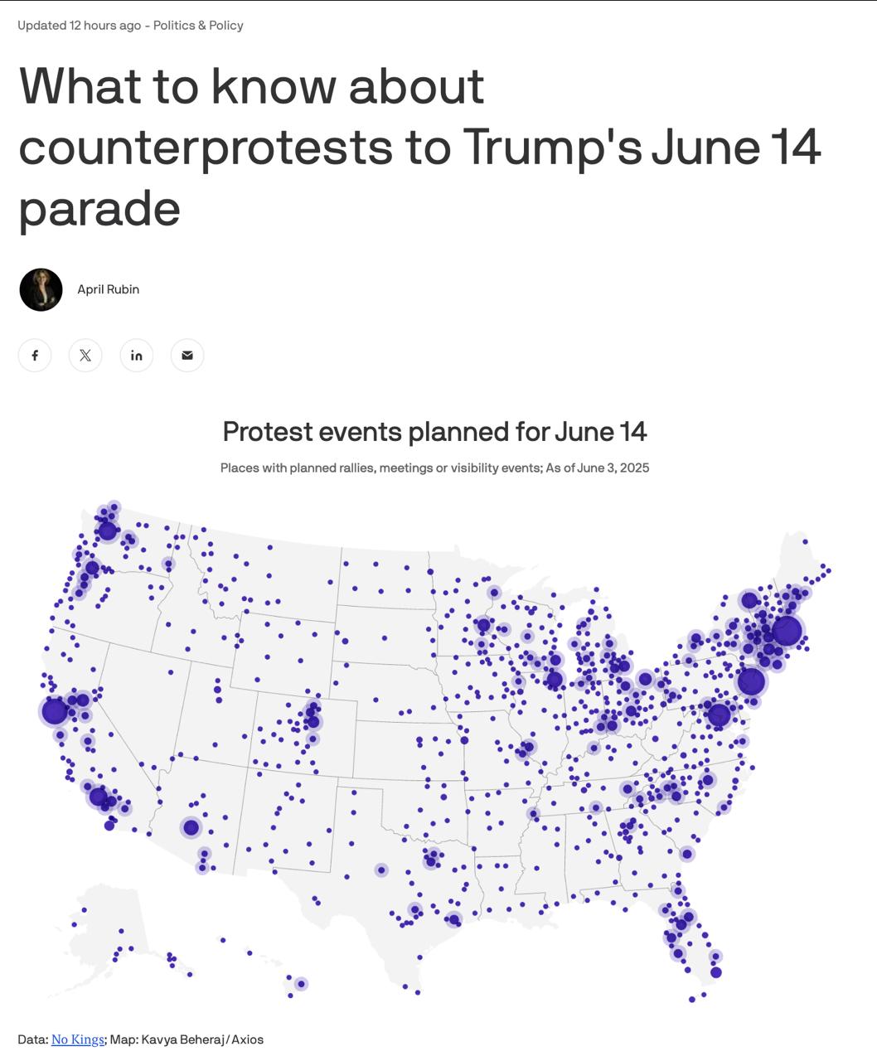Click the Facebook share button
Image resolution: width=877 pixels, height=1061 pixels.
click(35, 356)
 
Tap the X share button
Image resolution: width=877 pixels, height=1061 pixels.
click(85, 356)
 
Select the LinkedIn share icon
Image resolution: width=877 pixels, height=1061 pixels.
click(137, 356)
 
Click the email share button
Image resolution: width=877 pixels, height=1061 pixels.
click(187, 356)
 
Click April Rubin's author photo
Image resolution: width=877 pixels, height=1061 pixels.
click(41, 289)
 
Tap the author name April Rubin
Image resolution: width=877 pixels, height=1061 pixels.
click(108, 289)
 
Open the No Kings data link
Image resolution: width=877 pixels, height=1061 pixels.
click(78, 1039)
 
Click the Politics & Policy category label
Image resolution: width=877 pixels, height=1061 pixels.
click(198, 25)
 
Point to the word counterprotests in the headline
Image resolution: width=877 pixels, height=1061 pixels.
click(206, 147)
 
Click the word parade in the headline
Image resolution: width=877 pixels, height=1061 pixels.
click(99, 207)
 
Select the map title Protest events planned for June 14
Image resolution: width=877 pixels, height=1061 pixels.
click(434, 432)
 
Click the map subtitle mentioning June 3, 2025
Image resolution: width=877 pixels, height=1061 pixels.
click(434, 468)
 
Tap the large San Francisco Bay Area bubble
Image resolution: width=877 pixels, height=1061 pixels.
click(55, 711)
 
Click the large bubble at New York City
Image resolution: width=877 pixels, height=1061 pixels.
click(751, 681)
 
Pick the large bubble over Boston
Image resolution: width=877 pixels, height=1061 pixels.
click(787, 631)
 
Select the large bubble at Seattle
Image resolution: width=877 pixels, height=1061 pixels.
click(107, 530)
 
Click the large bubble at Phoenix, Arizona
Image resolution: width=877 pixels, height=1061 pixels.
click(191, 827)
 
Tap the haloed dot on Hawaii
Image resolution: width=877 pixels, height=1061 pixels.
click(302, 984)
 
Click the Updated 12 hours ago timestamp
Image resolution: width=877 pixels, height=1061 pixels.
click(80, 25)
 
